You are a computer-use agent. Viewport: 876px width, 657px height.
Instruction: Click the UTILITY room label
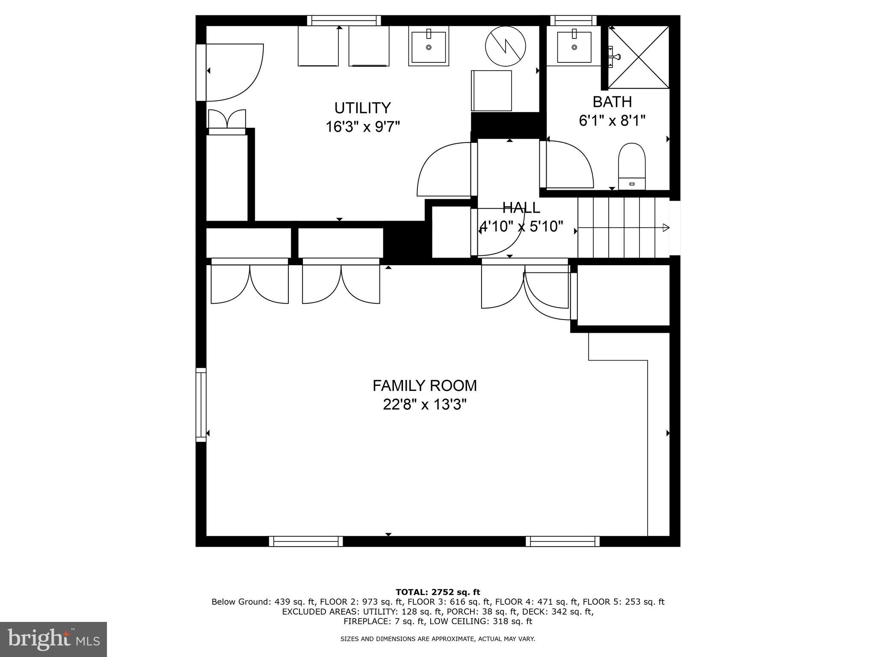(x=362, y=108)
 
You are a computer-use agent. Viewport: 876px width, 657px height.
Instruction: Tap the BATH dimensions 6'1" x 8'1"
(x=612, y=121)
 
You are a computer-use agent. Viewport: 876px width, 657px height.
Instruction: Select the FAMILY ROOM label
(x=424, y=386)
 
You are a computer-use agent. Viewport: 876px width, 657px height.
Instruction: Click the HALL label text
(x=521, y=208)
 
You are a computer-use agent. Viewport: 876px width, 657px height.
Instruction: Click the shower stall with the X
(x=639, y=57)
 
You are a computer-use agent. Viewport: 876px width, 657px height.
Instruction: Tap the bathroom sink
(x=574, y=47)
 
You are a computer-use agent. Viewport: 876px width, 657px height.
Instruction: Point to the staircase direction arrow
(x=665, y=228)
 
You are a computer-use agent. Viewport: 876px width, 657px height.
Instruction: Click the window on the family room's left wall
(x=201, y=405)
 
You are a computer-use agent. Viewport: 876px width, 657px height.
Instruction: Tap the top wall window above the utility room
(x=344, y=20)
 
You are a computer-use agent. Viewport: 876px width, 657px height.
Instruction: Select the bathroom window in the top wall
(x=573, y=20)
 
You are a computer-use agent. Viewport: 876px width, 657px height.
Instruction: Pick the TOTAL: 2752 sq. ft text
(x=438, y=592)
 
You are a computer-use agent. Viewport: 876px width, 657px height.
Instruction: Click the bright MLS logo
(x=53, y=639)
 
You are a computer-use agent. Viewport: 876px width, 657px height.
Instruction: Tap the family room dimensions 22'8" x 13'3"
(x=424, y=405)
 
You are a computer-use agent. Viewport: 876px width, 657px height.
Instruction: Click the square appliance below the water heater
(x=491, y=91)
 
